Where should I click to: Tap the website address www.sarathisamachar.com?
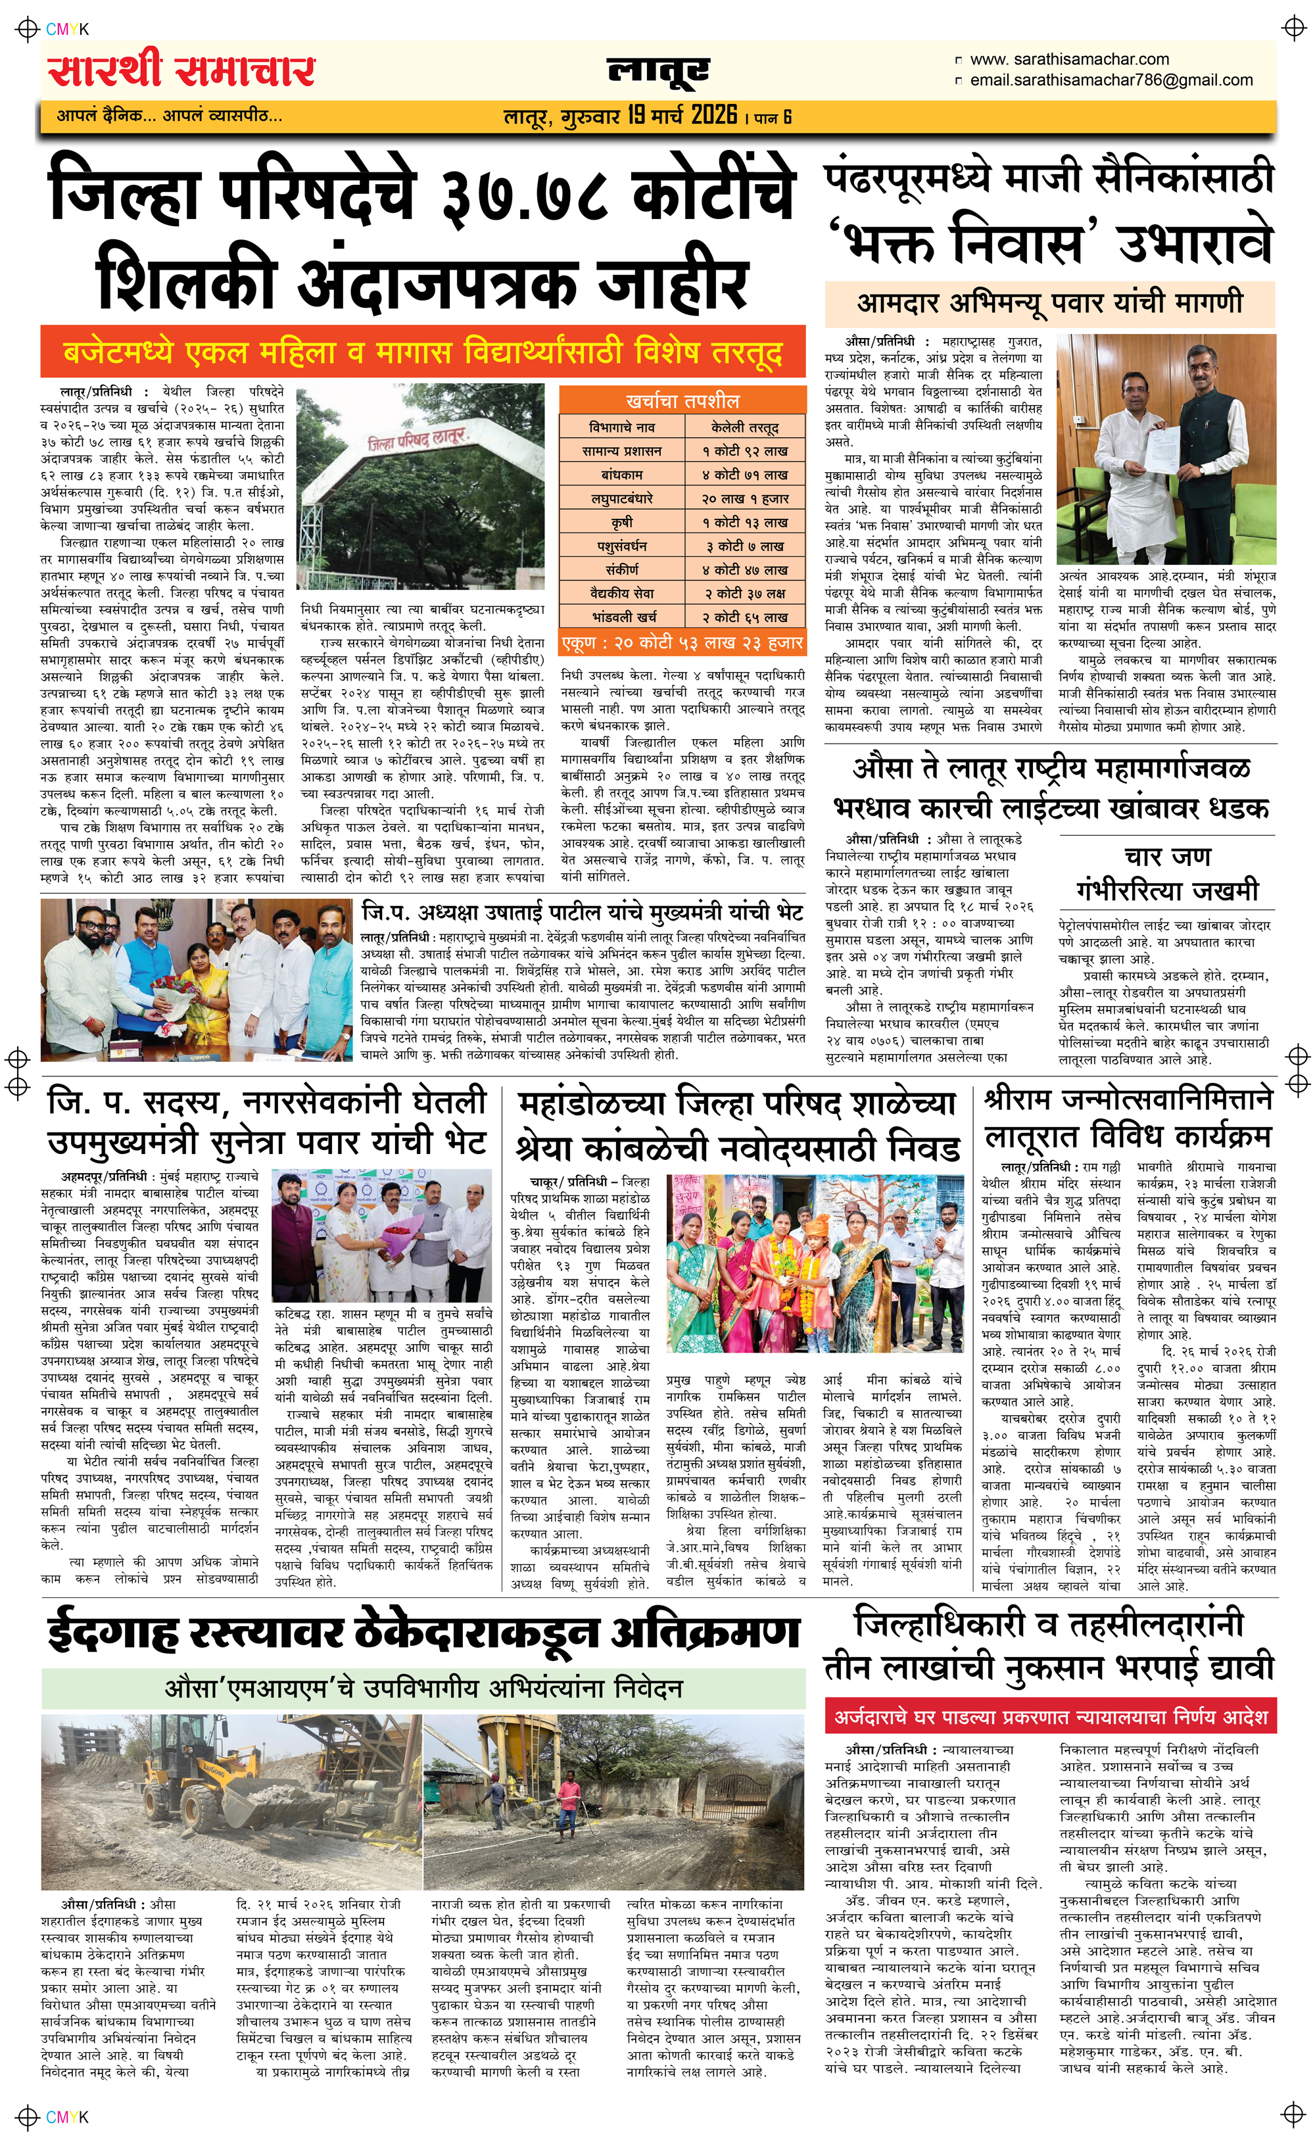(1069, 60)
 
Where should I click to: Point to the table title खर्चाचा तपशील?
(682, 401)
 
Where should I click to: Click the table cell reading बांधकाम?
(621, 475)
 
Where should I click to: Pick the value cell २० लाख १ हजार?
(746, 498)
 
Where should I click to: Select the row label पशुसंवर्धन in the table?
(621, 546)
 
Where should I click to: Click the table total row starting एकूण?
(682, 642)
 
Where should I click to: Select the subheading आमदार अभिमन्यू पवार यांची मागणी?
(1050, 304)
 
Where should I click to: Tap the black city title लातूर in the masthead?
(658, 72)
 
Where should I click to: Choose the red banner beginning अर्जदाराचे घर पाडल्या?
(1050, 1718)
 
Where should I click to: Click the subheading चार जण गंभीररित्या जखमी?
(1167, 873)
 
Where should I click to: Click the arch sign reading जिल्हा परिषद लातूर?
(418, 440)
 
